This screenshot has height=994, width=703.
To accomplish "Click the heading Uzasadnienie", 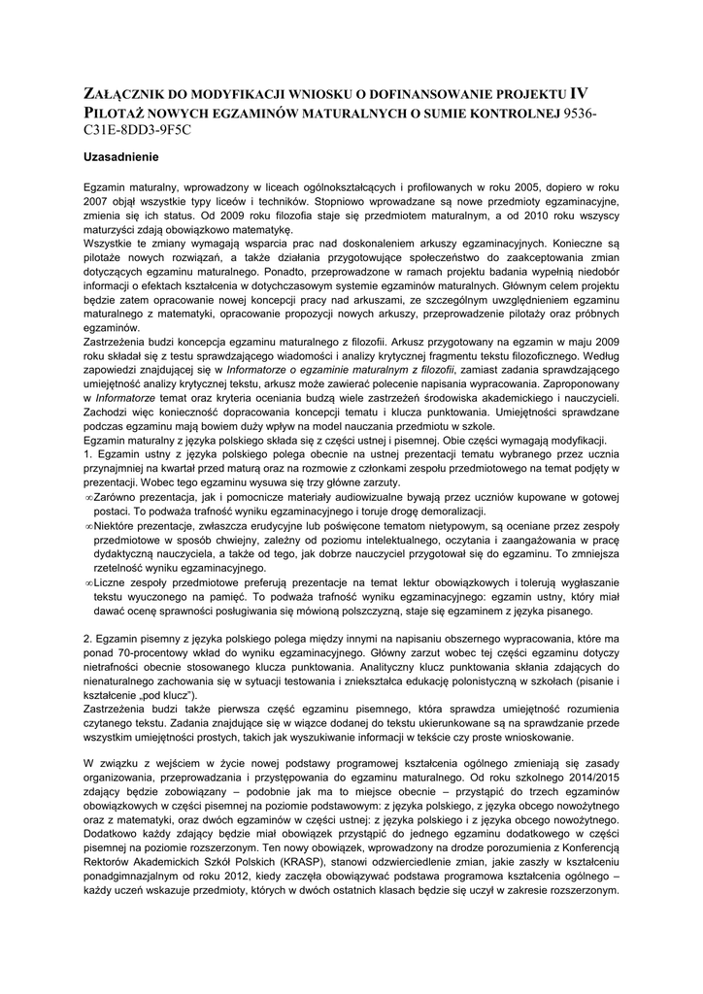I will [120, 155].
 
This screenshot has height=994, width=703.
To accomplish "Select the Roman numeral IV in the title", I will [578, 94].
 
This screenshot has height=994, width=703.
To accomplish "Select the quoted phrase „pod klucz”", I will [166, 695].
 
